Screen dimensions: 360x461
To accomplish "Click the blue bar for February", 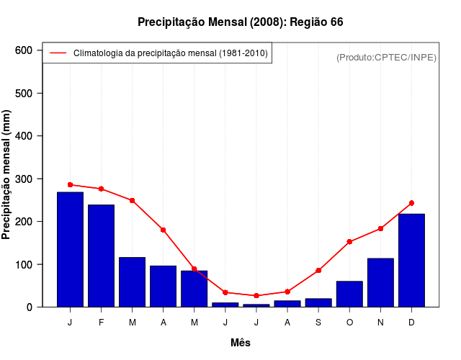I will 101,256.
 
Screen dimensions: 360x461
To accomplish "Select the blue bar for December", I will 411,260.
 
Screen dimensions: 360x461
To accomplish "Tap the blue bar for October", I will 349,294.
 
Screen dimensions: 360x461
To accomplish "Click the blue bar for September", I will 318,302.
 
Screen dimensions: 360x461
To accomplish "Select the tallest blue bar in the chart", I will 70,249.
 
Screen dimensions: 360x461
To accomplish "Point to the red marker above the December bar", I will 411,203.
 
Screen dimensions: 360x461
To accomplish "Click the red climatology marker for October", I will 349,242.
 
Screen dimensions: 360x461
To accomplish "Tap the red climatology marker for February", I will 101,189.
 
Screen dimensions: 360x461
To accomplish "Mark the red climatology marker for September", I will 318,271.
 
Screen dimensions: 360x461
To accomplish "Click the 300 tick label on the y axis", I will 24,179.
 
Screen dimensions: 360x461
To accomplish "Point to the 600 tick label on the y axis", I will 24,50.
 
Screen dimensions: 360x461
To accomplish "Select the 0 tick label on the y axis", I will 30,307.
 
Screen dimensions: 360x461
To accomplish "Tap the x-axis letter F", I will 101,323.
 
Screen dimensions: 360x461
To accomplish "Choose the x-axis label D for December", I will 411,323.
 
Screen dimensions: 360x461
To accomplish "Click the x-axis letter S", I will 318,323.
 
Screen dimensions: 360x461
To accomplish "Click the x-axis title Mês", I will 241,343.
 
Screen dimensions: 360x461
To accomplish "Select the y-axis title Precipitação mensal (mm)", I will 7,175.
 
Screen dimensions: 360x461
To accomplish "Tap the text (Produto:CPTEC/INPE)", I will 386,57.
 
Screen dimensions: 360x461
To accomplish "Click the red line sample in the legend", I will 58,53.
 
